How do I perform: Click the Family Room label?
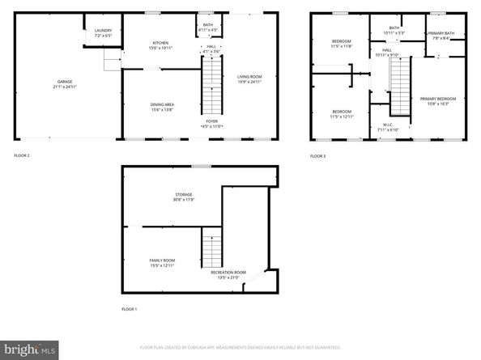point(162,263)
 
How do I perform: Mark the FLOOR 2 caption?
point(22,155)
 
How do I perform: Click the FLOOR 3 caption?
point(318,155)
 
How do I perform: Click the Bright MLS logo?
point(29,349)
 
